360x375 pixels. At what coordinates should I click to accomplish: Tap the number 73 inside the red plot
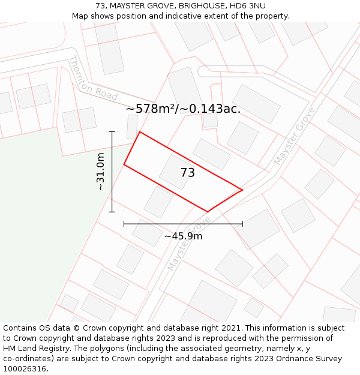(x=187, y=173)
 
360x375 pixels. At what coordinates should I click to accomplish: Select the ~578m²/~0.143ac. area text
(x=183, y=109)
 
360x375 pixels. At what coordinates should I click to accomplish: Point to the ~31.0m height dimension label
(x=101, y=172)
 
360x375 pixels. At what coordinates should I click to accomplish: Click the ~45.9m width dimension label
(x=183, y=236)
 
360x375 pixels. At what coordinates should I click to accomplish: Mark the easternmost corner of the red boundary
(x=242, y=190)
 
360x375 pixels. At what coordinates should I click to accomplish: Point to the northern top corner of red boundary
(x=140, y=132)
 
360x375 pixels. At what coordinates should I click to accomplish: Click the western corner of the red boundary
(x=124, y=164)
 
